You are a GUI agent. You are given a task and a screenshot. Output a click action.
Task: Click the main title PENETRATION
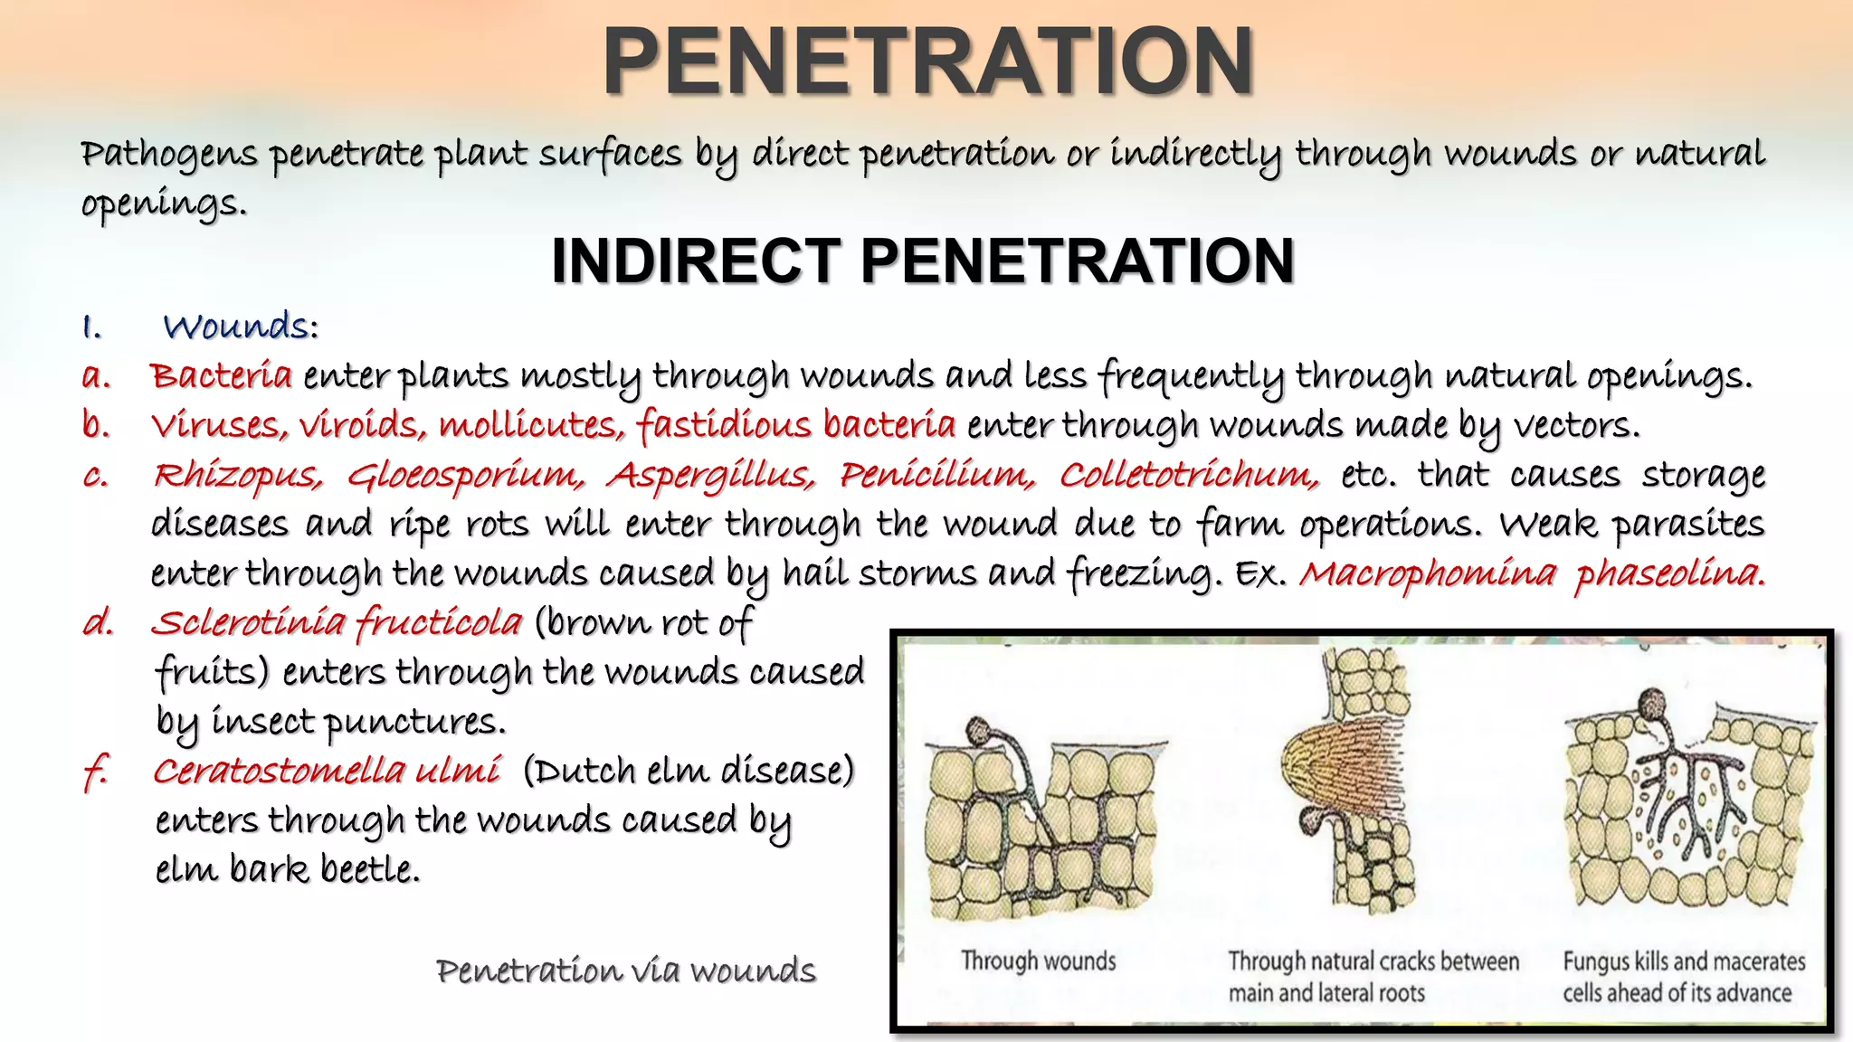[x=928, y=61]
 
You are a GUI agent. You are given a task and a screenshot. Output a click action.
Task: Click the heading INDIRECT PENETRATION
[x=923, y=261]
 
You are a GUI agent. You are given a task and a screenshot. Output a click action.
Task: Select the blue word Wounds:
[x=241, y=327]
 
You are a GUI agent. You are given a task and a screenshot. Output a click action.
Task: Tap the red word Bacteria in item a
[x=222, y=375]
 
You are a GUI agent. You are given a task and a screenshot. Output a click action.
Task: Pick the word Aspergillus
[x=711, y=476]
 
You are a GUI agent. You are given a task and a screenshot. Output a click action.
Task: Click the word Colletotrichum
[x=1188, y=476]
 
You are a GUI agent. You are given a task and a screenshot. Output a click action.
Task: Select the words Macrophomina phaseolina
[x=1531, y=573]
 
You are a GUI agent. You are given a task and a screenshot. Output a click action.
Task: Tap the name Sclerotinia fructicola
[x=337, y=623]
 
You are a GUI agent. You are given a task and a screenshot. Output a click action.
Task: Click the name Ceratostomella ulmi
[x=326, y=772]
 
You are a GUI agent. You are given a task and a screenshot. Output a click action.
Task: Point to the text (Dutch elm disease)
[x=689, y=772]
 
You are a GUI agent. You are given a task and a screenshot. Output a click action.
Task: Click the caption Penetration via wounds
[x=625, y=971]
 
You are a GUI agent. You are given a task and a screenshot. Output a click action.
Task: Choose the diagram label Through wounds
[x=1038, y=961]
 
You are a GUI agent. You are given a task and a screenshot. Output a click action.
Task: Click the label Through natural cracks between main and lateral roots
[x=1373, y=977]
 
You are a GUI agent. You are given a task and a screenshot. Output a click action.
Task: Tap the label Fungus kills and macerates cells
[x=1683, y=977]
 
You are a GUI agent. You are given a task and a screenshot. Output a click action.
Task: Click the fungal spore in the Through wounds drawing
[x=980, y=729]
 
